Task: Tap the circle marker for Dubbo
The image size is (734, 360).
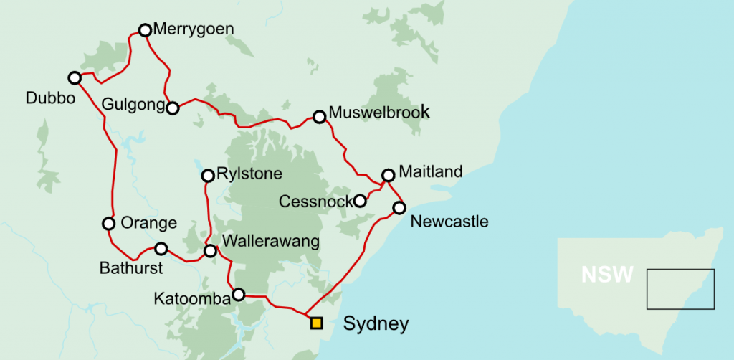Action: [x=74, y=77]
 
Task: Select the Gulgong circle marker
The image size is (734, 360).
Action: [x=172, y=108]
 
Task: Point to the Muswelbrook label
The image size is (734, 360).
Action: [x=379, y=113]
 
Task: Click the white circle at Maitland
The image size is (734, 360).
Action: [x=388, y=174]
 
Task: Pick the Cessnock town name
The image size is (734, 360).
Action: [x=315, y=202]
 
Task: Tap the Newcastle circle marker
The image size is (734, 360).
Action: [x=399, y=208]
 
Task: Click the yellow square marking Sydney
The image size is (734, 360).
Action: [x=316, y=323]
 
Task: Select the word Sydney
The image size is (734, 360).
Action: [x=376, y=323]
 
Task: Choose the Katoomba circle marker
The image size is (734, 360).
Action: [x=239, y=294]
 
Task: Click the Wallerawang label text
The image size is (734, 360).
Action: [x=270, y=241]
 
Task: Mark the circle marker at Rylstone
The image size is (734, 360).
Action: [x=208, y=175]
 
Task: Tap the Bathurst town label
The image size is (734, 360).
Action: [x=131, y=268]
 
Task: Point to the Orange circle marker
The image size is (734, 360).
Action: [x=108, y=223]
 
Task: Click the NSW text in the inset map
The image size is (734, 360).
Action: [x=607, y=274]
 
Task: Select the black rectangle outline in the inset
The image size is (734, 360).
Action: [x=680, y=289]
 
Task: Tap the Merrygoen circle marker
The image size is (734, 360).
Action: [x=145, y=30]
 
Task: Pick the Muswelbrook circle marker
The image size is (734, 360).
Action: [x=319, y=116]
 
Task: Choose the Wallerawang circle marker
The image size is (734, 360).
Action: [x=210, y=251]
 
